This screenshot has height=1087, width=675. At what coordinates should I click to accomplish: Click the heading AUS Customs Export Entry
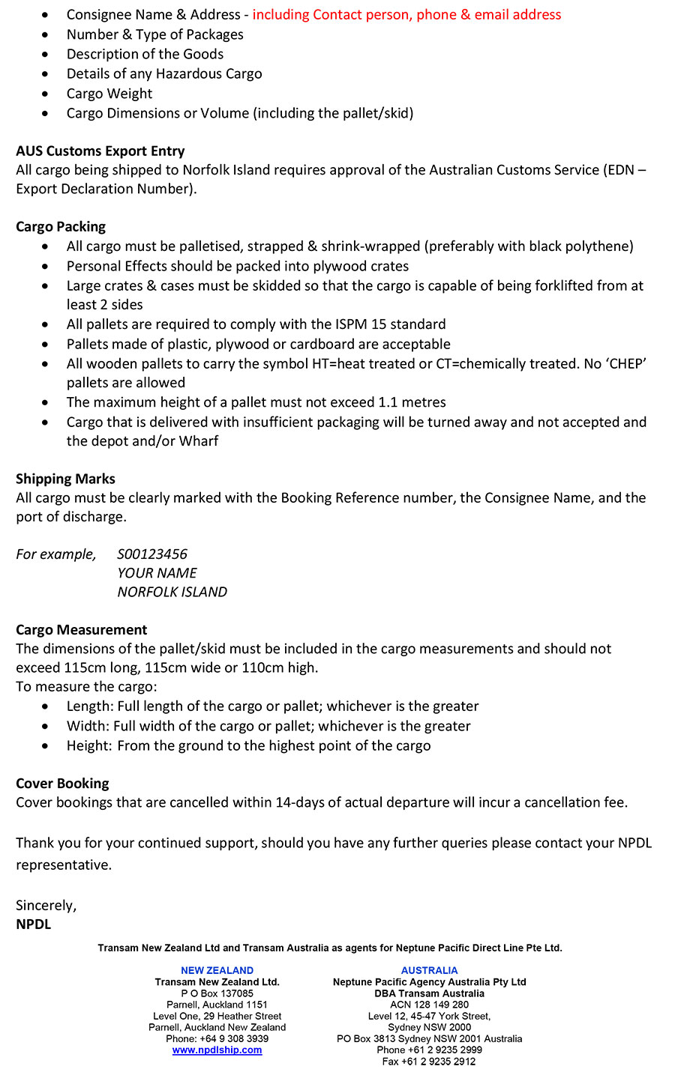100,151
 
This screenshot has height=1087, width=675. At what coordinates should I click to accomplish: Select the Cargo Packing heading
61,226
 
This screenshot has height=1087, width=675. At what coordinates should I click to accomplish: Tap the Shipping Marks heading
65,479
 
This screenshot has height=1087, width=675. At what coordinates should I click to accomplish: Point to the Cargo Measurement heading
81,630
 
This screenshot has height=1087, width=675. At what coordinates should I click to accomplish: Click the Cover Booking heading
62,784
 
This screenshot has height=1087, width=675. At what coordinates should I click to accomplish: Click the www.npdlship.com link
217,1050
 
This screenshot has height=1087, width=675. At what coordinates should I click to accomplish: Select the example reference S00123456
152,554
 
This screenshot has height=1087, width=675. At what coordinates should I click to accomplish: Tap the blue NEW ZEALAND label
217,970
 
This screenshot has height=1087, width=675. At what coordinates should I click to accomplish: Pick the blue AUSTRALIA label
429,970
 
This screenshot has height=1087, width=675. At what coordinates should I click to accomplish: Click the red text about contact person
406,14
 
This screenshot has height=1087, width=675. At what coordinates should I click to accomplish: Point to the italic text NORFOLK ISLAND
172,592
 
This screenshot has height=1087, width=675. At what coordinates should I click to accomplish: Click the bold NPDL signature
34,924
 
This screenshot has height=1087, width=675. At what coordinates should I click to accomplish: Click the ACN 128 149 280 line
429,1005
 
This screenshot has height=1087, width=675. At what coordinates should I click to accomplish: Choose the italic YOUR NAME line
157,573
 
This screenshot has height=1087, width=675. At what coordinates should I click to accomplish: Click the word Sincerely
46,906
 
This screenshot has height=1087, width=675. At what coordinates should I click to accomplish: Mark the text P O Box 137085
217,993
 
